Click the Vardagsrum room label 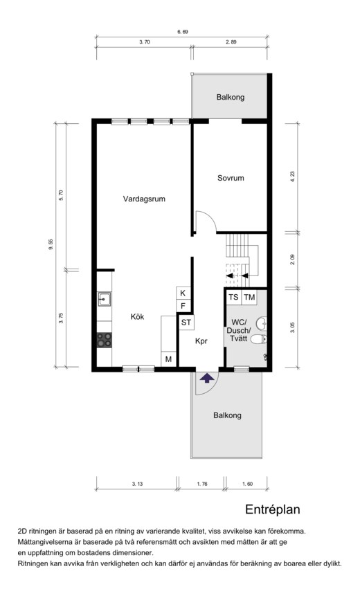click(x=144, y=199)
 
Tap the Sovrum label click(x=231, y=178)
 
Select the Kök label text click(x=137, y=316)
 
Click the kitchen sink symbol click(x=104, y=299)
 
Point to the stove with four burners click(x=104, y=340)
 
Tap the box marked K click(x=183, y=293)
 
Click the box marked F click(x=183, y=306)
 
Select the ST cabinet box click(x=186, y=323)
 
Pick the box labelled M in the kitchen click(x=168, y=359)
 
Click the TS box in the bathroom click(x=233, y=297)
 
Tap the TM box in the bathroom click(x=249, y=297)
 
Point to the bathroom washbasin click(x=262, y=323)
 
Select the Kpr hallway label click(x=201, y=341)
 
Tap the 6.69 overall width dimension click(x=183, y=32)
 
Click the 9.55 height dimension click(x=51, y=244)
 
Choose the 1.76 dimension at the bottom click(x=202, y=484)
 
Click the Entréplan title click(x=272, y=509)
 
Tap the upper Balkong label click(x=231, y=97)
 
